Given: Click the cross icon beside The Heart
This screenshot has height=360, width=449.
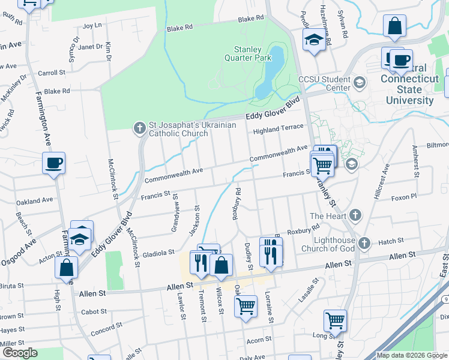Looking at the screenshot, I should tap(355, 215).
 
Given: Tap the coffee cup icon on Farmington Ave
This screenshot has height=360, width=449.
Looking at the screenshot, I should tap(53, 163).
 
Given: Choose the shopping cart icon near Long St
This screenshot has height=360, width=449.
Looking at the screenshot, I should tap(335, 320).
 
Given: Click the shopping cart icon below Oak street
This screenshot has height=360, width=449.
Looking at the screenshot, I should tap(246, 307).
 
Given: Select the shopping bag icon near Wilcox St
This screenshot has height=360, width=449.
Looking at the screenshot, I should tap(221, 265).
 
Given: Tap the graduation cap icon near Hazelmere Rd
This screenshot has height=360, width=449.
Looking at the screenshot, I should tap(313, 41).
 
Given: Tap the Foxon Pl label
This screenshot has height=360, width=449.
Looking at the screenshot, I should tap(403, 197).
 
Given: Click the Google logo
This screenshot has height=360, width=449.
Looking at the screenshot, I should tap(19, 353).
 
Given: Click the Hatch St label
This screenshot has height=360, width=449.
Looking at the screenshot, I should tap(391, 242).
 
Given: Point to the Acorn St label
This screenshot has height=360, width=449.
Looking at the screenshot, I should tap(259, 340).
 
